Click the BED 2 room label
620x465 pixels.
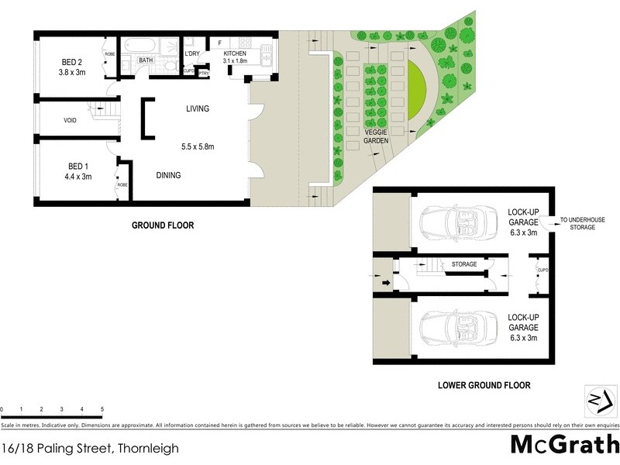tap(76, 63)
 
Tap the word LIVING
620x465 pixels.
tap(197, 109)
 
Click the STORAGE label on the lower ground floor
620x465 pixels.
tap(463, 264)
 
